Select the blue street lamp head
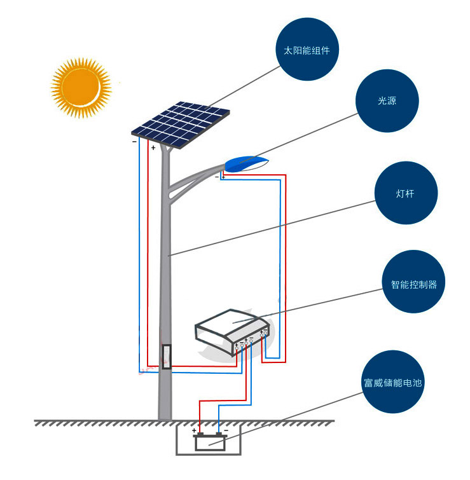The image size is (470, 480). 245,163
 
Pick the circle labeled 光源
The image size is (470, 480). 387,101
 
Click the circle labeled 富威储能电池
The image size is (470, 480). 393,383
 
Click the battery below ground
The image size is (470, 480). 209,441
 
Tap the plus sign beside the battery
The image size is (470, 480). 194,430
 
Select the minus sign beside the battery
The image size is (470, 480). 226,430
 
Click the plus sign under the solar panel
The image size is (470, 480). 153,147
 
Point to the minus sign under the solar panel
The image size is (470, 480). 134,142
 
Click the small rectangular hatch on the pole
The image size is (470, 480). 167,357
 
